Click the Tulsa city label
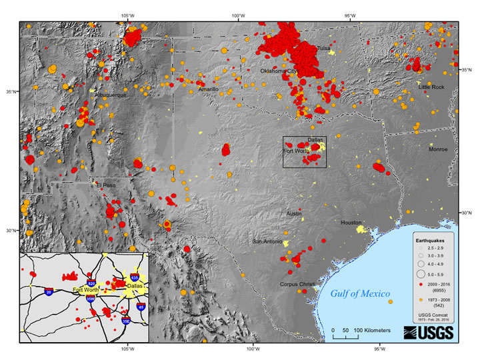(323, 49)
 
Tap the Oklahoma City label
(279, 70)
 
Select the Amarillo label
(208, 89)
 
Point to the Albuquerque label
(110, 95)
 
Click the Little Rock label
(431, 87)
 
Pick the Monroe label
(438, 149)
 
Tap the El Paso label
(105, 185)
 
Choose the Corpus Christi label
(297, 284)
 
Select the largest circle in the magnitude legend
(421, 273)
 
